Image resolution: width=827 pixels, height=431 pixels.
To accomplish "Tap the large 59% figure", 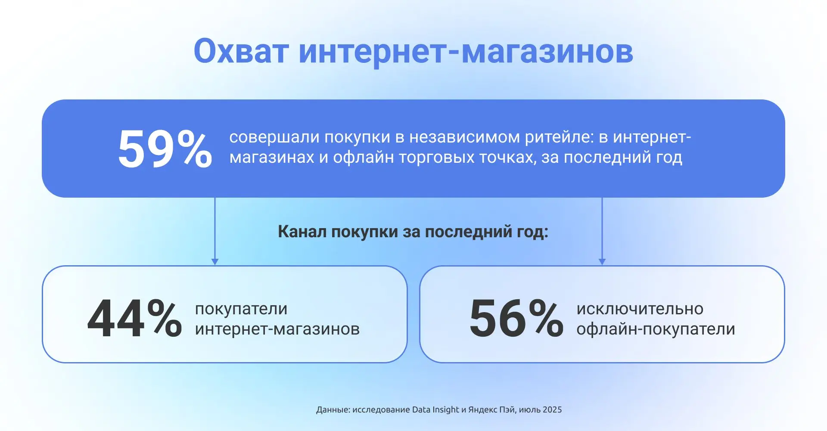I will pos(165,149).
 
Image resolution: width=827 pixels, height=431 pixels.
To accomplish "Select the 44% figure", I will pos(134,319).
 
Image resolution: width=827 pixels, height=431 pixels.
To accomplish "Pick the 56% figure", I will pos(516,319).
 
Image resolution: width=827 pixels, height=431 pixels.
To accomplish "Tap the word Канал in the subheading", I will pos(302,232).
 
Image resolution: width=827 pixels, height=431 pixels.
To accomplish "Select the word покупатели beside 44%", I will pos(241,309).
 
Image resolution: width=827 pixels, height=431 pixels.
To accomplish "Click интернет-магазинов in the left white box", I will pos(277,329).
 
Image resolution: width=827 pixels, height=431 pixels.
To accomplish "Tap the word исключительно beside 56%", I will pos(640,309).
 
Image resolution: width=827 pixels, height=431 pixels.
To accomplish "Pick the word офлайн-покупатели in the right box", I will pos(656,329).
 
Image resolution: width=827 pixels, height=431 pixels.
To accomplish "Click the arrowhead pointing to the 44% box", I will pos(215,262).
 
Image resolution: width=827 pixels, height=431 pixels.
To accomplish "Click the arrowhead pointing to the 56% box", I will pos(602,262).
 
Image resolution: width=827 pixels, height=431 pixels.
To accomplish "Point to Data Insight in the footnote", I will pos(435,410).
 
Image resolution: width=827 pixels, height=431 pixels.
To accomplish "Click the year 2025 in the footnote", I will pos(552,410).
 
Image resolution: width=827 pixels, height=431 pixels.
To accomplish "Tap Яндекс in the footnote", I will pos(482,410).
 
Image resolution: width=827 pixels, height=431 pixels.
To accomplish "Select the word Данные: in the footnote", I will pos(333,410).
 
